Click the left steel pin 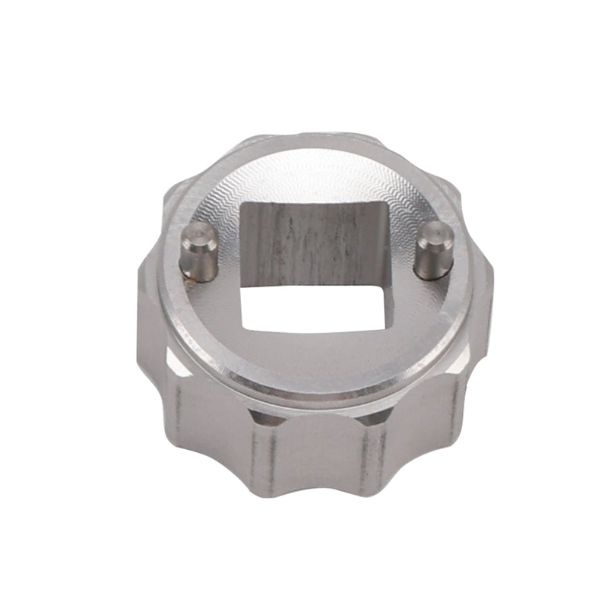[198, 252]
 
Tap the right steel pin [434, 251]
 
